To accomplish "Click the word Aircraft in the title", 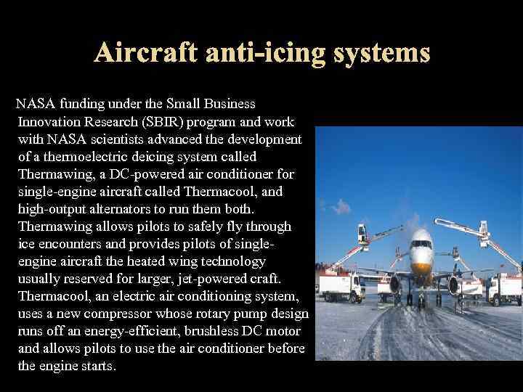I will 147,52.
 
